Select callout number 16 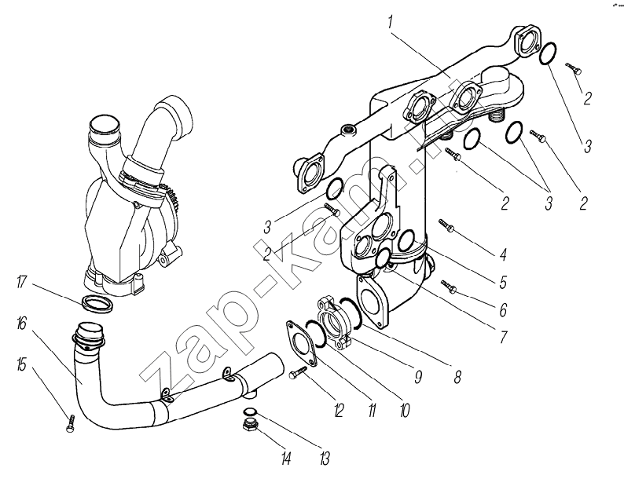pyautogui.click(x=21, y=322)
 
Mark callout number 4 pyautogui.click(x=502, y=254)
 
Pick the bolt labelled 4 pyautogui.click(x=446, y=227)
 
